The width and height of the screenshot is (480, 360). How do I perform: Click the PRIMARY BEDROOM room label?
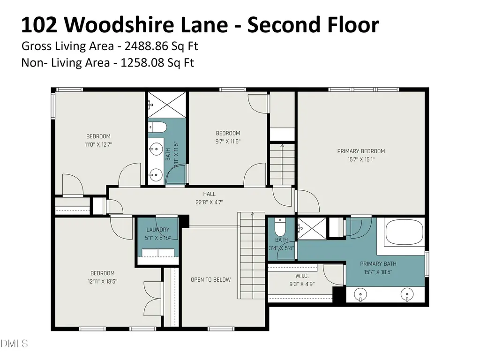tap(361, 151)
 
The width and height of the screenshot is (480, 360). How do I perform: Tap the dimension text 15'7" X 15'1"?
tap(361, 159)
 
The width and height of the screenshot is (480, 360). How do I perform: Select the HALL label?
tap(210, 194)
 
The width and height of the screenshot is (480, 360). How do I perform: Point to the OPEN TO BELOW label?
tap(210, 280)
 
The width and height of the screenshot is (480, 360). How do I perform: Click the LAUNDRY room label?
tap(157, 230)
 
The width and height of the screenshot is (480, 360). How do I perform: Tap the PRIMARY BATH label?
tap(375, 263)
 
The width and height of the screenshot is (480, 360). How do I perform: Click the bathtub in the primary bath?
tap(404, 233)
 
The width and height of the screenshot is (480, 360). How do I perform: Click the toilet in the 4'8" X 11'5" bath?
tap(157, 127)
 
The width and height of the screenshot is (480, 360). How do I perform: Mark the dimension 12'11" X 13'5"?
tap(102, 281)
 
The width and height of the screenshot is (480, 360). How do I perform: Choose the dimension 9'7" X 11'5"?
tap(228, 141)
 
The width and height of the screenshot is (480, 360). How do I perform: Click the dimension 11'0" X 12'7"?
tap(98, 145)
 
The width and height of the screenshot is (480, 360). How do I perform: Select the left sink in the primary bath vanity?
tap(360, 295)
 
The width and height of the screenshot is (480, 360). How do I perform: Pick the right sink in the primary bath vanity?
tap(407, 295)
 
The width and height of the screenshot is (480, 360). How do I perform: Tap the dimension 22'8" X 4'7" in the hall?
tap(210, 202)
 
